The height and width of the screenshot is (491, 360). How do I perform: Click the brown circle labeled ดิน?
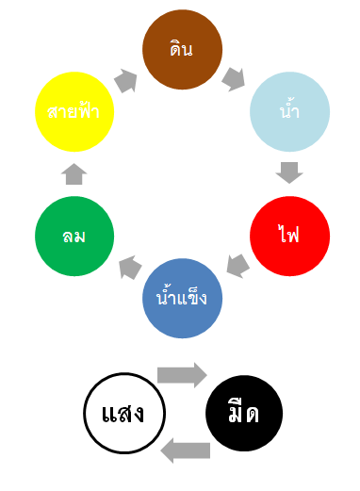pos(182,49)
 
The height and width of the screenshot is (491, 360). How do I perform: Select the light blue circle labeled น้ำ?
pos(289,111)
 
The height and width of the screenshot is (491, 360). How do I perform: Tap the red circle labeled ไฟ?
pos(289,236)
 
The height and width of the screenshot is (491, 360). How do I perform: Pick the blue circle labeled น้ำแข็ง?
pos(182,298)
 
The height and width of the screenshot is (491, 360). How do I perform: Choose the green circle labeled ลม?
pos(74,236)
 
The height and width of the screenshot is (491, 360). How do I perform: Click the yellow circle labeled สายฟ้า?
pos(74,111)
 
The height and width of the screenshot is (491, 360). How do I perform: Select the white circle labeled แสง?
pos(124,413)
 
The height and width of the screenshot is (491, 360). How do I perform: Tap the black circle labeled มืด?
pos(244,413)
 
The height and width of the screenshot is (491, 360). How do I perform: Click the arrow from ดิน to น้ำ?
pos(233,79)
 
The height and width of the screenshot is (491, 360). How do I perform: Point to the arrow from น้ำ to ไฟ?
pos(289,172)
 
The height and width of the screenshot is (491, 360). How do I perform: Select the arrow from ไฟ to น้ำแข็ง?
pos(238,266)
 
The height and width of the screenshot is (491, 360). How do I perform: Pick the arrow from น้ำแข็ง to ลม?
pos(130,268)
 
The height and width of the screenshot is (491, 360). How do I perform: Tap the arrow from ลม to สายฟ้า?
pos(74,174)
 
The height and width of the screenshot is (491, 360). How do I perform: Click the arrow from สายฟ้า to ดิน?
pos(125,81)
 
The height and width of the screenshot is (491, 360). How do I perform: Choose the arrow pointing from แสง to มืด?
pos(182,375)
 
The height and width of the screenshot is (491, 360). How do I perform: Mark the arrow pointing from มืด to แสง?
pos(186,450)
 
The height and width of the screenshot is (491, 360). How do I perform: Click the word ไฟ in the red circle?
pos(289,234)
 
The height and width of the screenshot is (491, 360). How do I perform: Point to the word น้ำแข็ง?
pos(182,298)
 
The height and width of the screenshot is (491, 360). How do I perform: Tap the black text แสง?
pos(123,413)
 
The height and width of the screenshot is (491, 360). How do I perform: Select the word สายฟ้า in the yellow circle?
pos(74,110)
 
